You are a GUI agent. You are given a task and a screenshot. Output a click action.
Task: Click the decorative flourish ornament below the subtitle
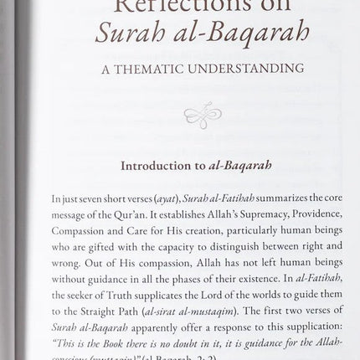[x=202, y=116]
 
